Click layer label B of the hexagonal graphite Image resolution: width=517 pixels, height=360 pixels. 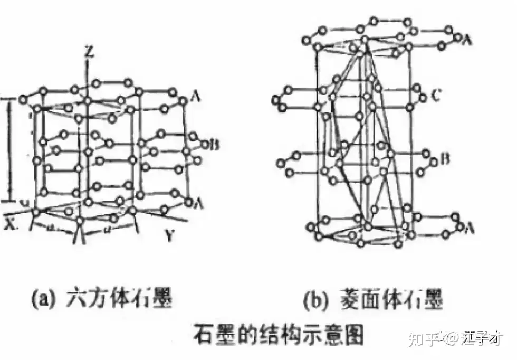click(x=214, y=144)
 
